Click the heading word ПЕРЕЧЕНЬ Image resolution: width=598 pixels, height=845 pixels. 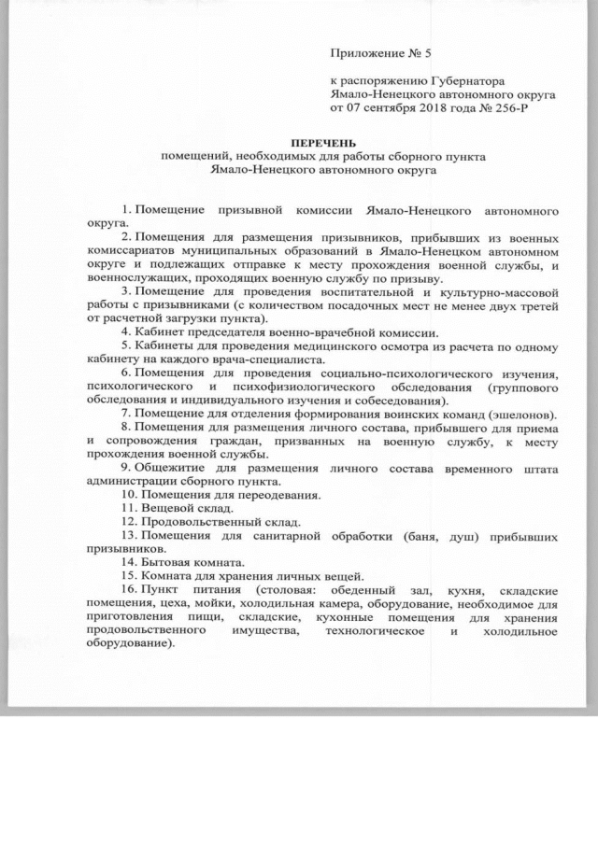tap(298, 142)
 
